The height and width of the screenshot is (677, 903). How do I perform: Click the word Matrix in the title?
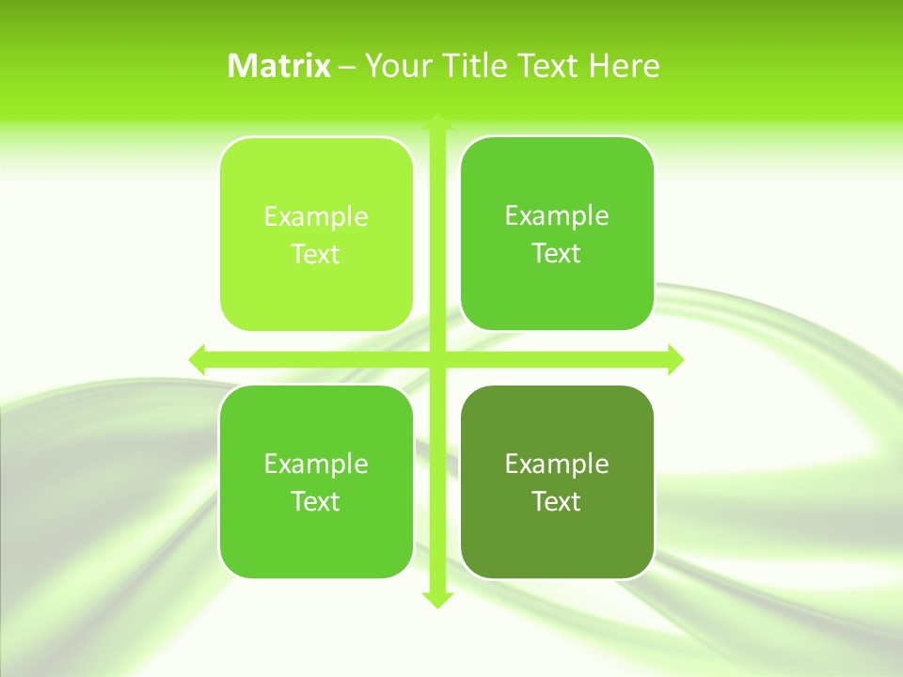click(x=279, y=66)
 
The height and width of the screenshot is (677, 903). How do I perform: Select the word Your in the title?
click(x=393, y=66)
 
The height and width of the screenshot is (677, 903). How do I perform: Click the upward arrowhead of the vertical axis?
click(x=436, y=121)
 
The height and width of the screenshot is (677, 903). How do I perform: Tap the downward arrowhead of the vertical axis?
click(x=436, y=599)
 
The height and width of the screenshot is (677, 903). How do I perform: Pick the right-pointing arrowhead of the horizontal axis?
click(x=674, y=359)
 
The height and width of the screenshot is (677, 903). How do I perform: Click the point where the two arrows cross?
click(x=436, y=359)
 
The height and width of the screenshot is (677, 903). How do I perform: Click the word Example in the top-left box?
click(x=316, y=217)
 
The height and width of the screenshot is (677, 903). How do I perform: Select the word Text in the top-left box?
click(x=316, y=254)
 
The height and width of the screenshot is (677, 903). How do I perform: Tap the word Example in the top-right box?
click(x=557, y=216)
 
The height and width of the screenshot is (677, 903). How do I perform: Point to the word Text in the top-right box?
click(x=557, y=253)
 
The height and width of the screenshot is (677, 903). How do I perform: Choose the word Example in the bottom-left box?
click(x=316, y=464)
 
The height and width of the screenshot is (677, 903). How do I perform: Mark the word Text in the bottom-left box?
click(x=316, y=501)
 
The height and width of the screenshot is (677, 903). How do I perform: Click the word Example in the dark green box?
click(x=557, y=464)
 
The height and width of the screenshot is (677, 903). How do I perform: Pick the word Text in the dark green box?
click(x=557, y=501)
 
